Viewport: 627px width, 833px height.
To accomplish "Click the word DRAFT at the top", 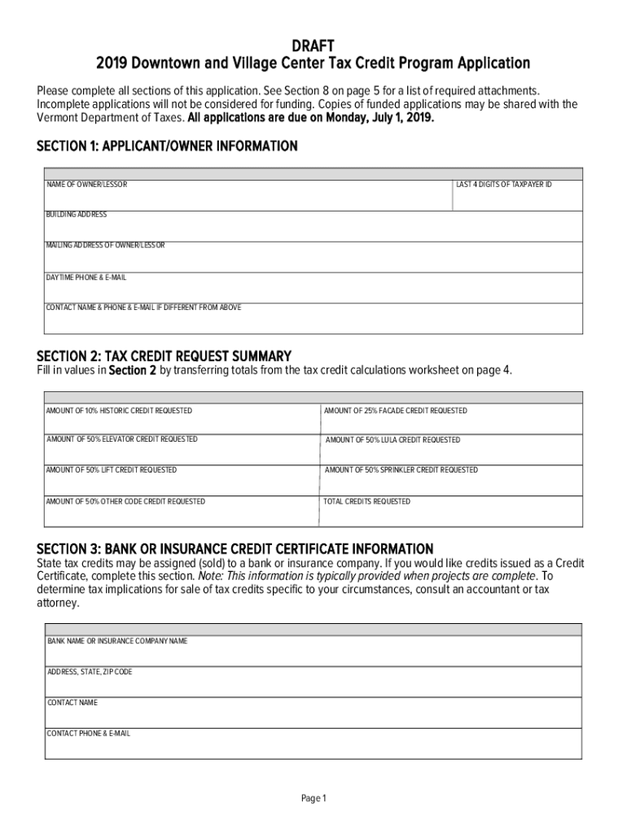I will coord(313,44).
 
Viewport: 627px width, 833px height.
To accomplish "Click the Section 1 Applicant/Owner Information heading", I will coord(167,146).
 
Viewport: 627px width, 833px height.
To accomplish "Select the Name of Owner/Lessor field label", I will coord(86,185).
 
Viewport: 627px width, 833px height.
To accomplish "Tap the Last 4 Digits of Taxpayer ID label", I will coord(504,185).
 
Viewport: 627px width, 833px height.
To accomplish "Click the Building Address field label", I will coord(77,214).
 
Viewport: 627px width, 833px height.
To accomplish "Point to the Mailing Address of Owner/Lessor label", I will coord(105,245).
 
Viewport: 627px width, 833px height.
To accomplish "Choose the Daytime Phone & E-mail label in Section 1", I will coord(86,277).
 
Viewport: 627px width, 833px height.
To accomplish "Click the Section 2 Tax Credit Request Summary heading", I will coord(164,356).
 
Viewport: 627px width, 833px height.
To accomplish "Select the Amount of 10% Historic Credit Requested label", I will coord(119,411).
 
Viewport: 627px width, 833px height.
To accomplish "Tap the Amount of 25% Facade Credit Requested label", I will coord(396,411).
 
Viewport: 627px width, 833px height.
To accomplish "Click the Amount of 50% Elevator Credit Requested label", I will coord(121,439).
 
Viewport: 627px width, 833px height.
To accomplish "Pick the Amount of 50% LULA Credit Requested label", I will coord(392,440).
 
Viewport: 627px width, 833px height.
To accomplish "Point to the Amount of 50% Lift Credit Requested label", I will coord(112,470).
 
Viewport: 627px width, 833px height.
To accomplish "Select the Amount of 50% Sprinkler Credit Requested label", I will coord(401,470).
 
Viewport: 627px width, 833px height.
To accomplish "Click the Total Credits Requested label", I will coord(367,502).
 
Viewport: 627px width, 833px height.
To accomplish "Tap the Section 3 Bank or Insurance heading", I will coord(235,549).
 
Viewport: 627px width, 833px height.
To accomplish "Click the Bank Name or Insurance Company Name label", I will coord(116,641).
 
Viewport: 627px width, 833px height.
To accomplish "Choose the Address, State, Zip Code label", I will coord(89,672).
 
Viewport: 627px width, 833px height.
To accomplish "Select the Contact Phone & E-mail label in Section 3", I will coord(88,734).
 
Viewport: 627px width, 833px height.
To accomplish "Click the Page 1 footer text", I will coord(313,799).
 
